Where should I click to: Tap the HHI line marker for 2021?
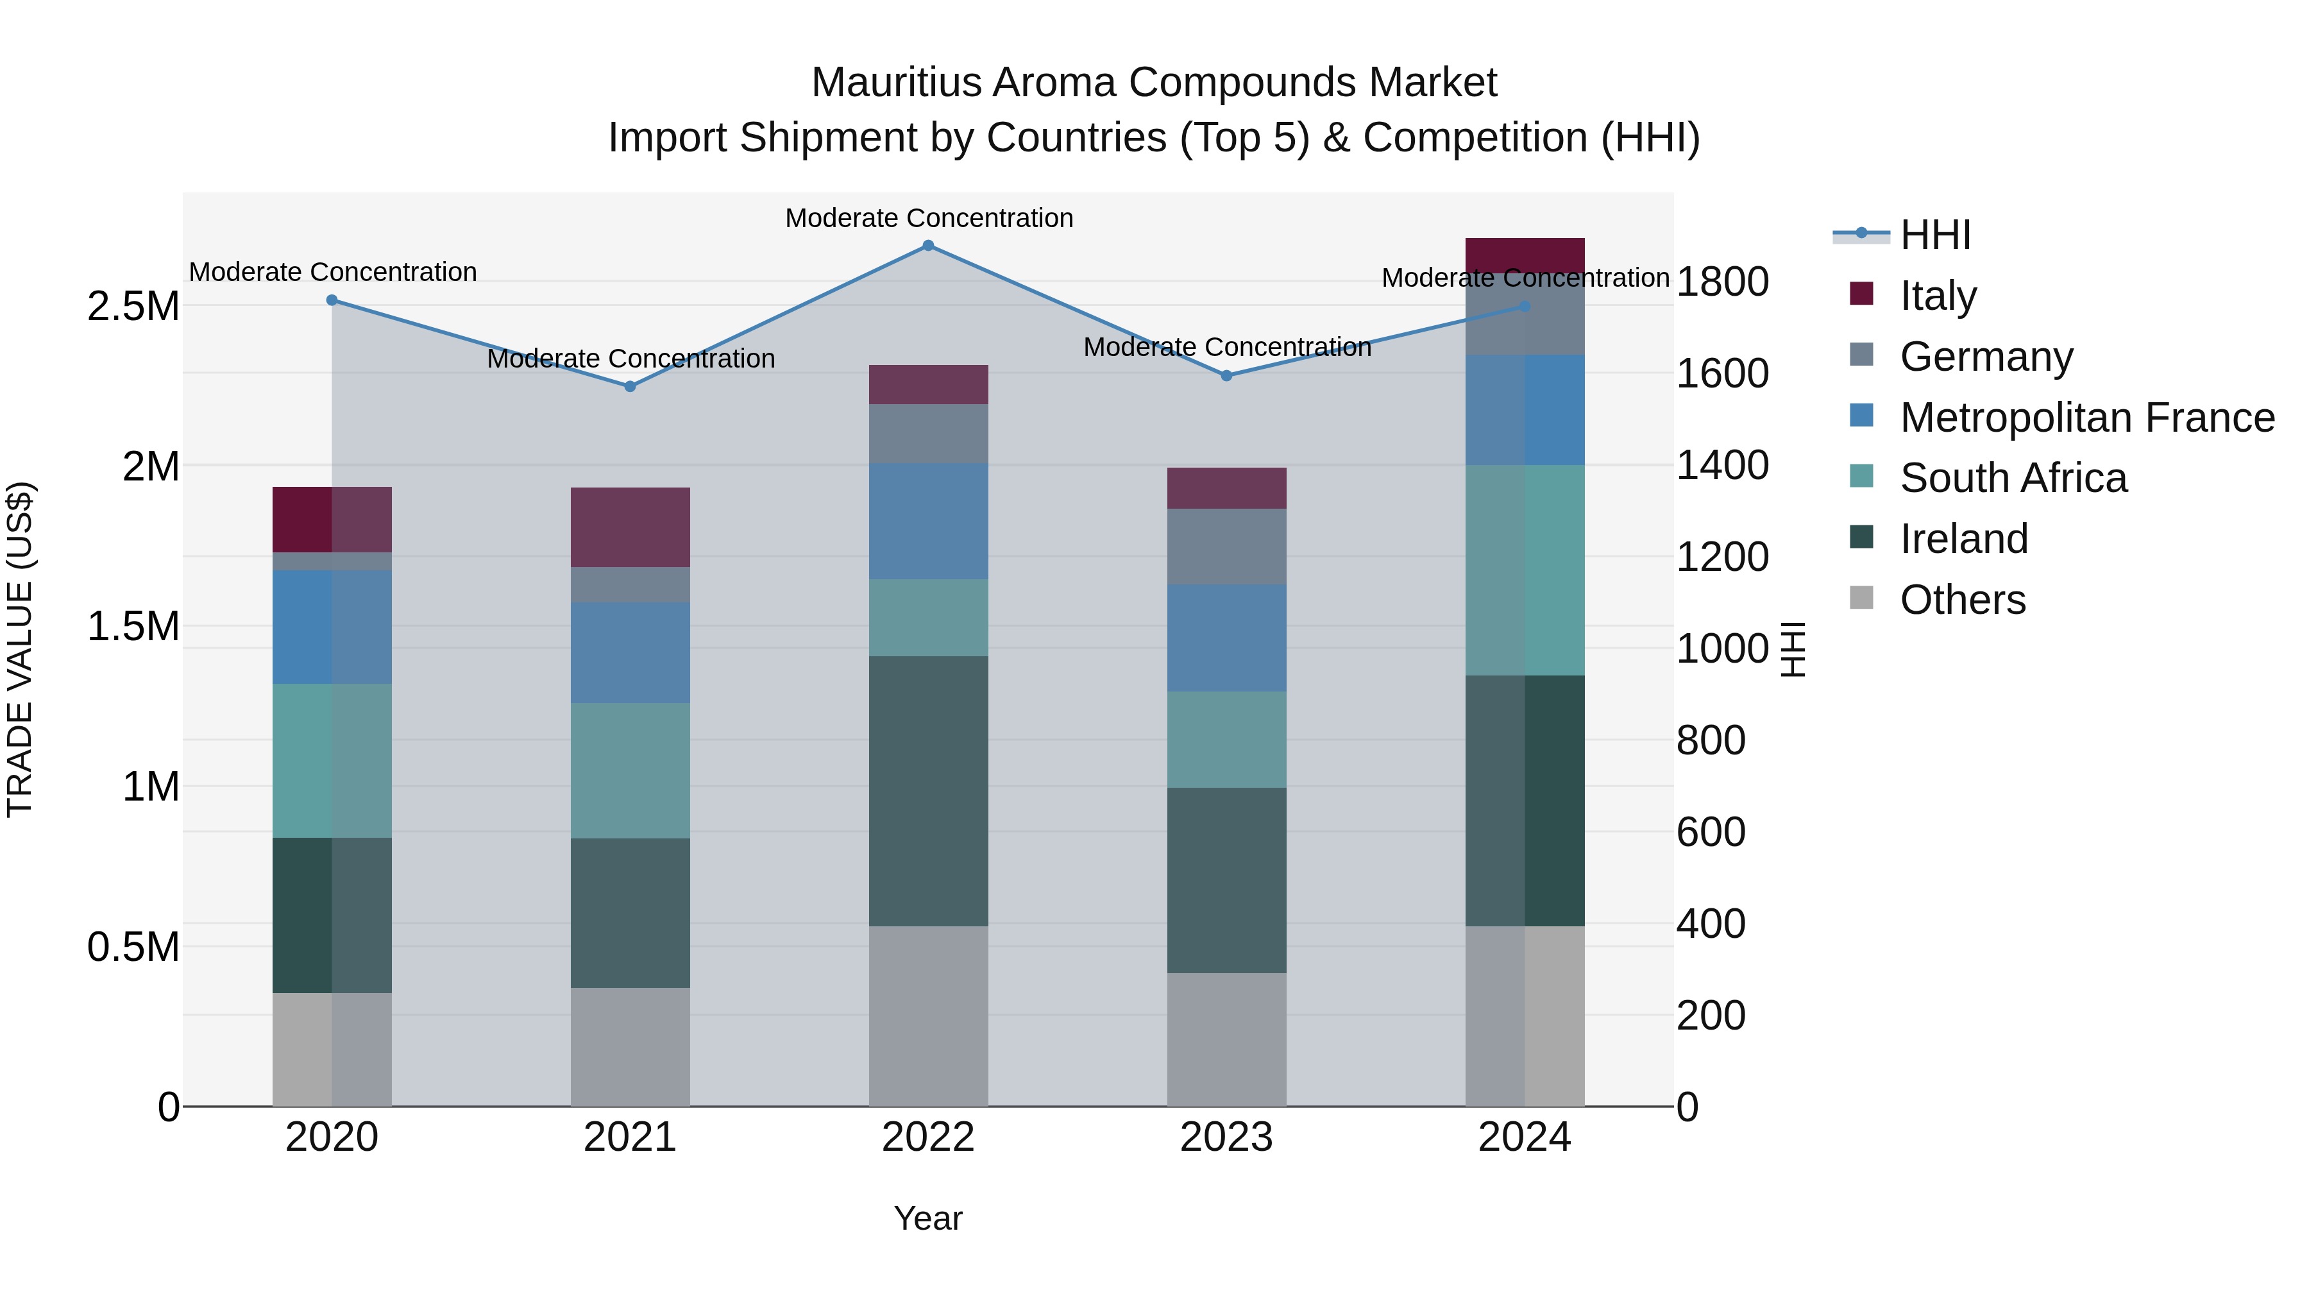630,386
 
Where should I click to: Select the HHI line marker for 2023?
1227,376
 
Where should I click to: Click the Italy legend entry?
1937,296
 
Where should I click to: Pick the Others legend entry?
1962,600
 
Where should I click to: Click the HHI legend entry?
1934,235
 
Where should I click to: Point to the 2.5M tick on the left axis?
133,307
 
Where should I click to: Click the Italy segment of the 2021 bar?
630,527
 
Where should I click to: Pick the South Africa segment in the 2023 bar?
1227,740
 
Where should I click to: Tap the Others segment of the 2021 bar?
630,1047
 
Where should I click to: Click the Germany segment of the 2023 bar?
1227,547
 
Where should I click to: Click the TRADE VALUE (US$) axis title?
20,649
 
